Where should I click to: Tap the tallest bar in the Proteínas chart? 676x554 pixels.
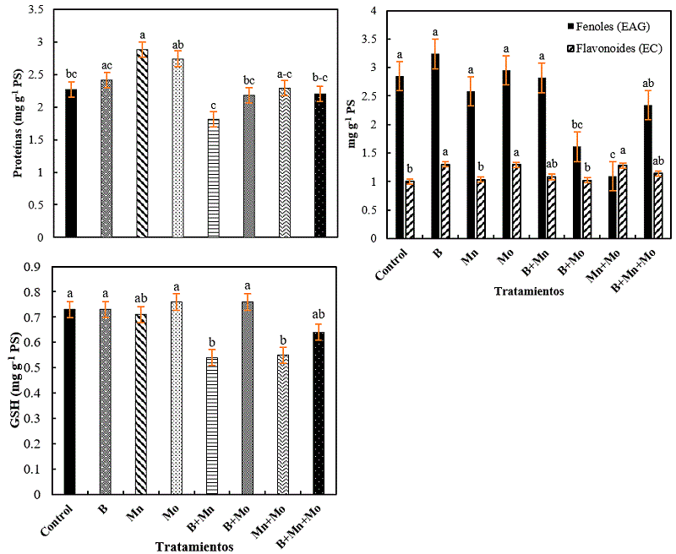[142, 144]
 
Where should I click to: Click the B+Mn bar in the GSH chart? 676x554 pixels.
[213, 426]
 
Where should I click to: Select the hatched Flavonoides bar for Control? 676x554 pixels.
[410, 211]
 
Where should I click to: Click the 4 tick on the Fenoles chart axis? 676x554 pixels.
[371, 9]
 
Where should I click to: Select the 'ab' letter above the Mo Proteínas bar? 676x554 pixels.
[178, 46]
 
